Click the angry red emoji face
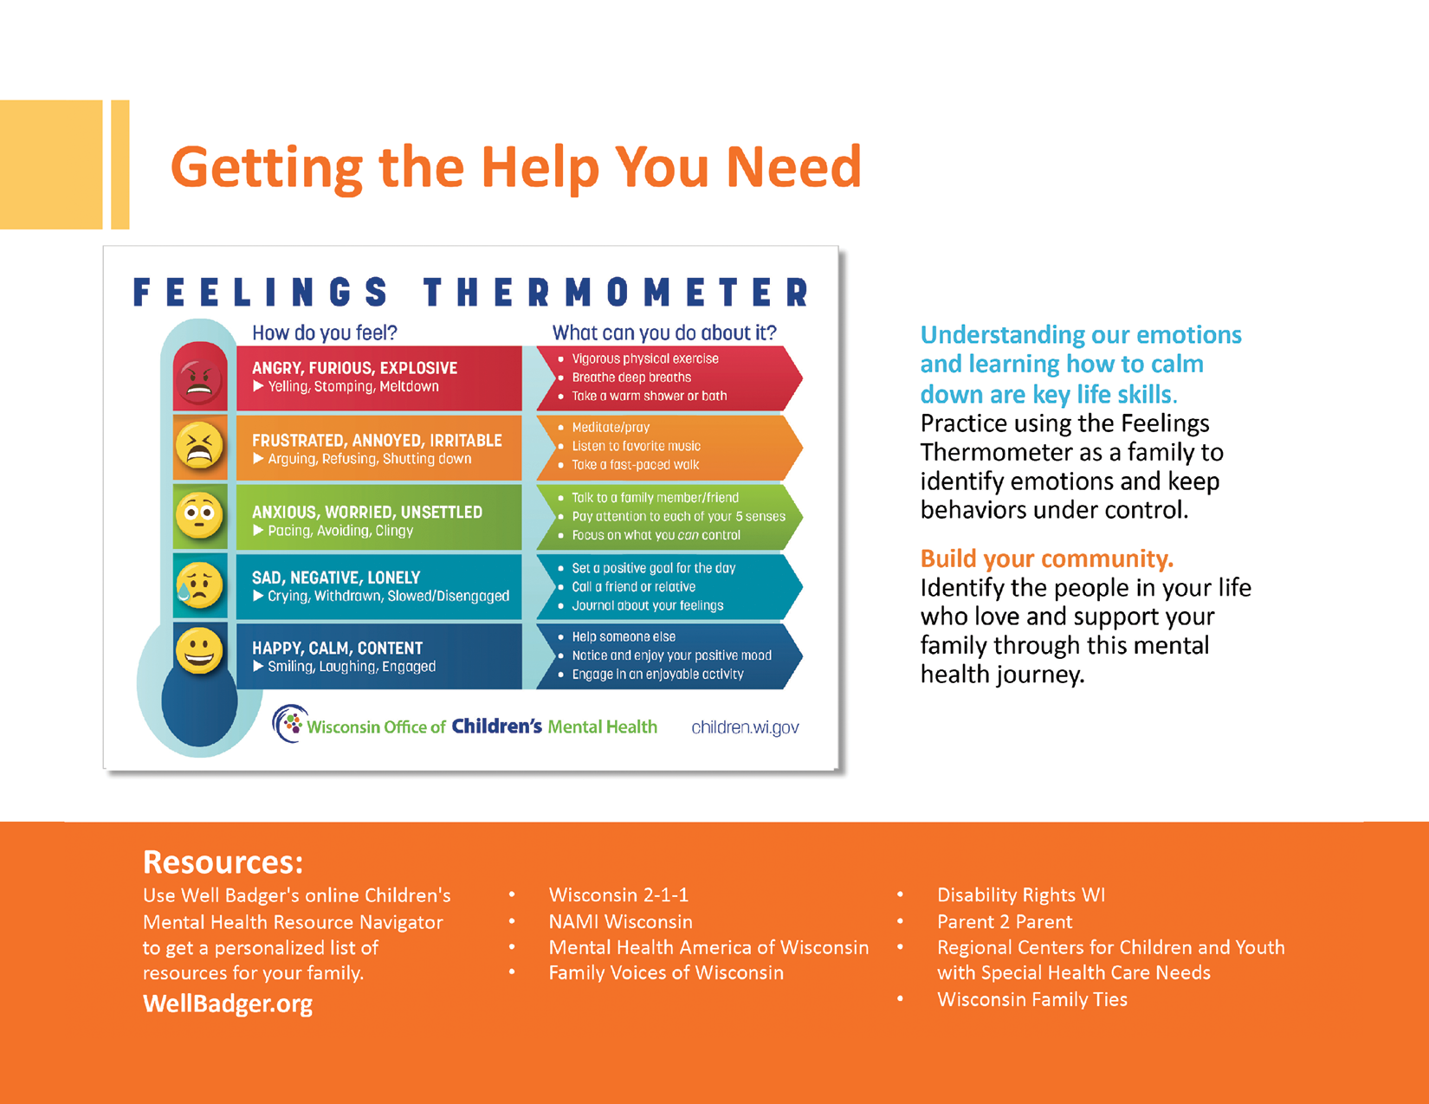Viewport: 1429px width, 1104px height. click(199, 379)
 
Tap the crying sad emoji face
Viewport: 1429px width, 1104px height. click(199, 584)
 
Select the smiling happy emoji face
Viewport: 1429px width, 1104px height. click(199, 651)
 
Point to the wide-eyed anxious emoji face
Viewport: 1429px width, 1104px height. click(199, 515)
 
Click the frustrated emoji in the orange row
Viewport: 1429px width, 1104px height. click(199, 447)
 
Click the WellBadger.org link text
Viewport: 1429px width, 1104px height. click(228, 1004)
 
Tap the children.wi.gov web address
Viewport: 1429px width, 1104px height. click(745, 727)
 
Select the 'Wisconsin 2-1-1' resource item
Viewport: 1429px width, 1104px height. click(618, 894)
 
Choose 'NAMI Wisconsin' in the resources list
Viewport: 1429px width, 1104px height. click(620, 921)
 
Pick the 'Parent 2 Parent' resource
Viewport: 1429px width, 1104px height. click(1005, 921)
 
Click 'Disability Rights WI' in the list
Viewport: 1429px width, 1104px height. click(1021, 894)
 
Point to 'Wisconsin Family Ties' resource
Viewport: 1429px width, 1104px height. click(1032, 999)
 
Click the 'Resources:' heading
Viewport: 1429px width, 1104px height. click(223, 862)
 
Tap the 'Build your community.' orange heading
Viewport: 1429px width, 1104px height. click(1046, 558)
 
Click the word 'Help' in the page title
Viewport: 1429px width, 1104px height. click(540, 167)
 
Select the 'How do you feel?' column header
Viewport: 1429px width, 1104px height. click(325, 332)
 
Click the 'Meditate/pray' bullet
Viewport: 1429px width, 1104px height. click(611, 427)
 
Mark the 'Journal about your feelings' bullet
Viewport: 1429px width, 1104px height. click(647, 605)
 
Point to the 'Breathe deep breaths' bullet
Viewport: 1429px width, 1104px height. click(631, 378)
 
